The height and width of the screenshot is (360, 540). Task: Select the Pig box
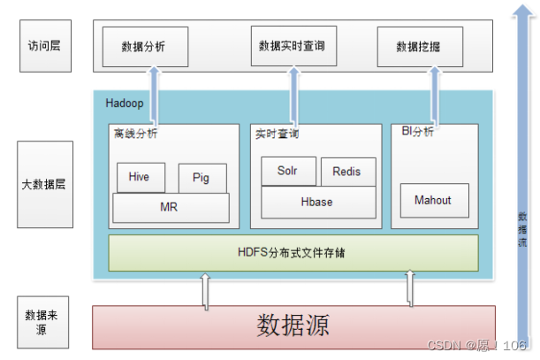pyautogui.click(x=202, y=178)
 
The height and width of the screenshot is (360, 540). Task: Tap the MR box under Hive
pyautogui.click(x=170, y=207)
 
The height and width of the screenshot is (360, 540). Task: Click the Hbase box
pyautogui.click(x=316, y=202)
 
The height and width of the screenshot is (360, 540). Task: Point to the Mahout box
pyautogui.click(x=432, y=201)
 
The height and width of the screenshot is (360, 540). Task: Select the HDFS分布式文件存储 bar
pyautogui.click(x=293, y=253)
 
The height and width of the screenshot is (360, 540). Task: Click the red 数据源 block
pyautogui.click(x=293, y=326)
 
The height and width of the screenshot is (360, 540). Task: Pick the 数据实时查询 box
pyautogui.click(x=291, y=45)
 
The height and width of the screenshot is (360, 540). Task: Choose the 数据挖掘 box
pyautogui.click(x=421, y=46)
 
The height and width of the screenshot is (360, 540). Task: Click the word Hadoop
pyautogui.click(x=124, y=103)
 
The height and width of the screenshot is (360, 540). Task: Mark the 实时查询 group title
pyautogui.click(x=277, y=134)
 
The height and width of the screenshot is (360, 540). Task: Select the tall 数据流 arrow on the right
pyautogui.click(x=522, y=177)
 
